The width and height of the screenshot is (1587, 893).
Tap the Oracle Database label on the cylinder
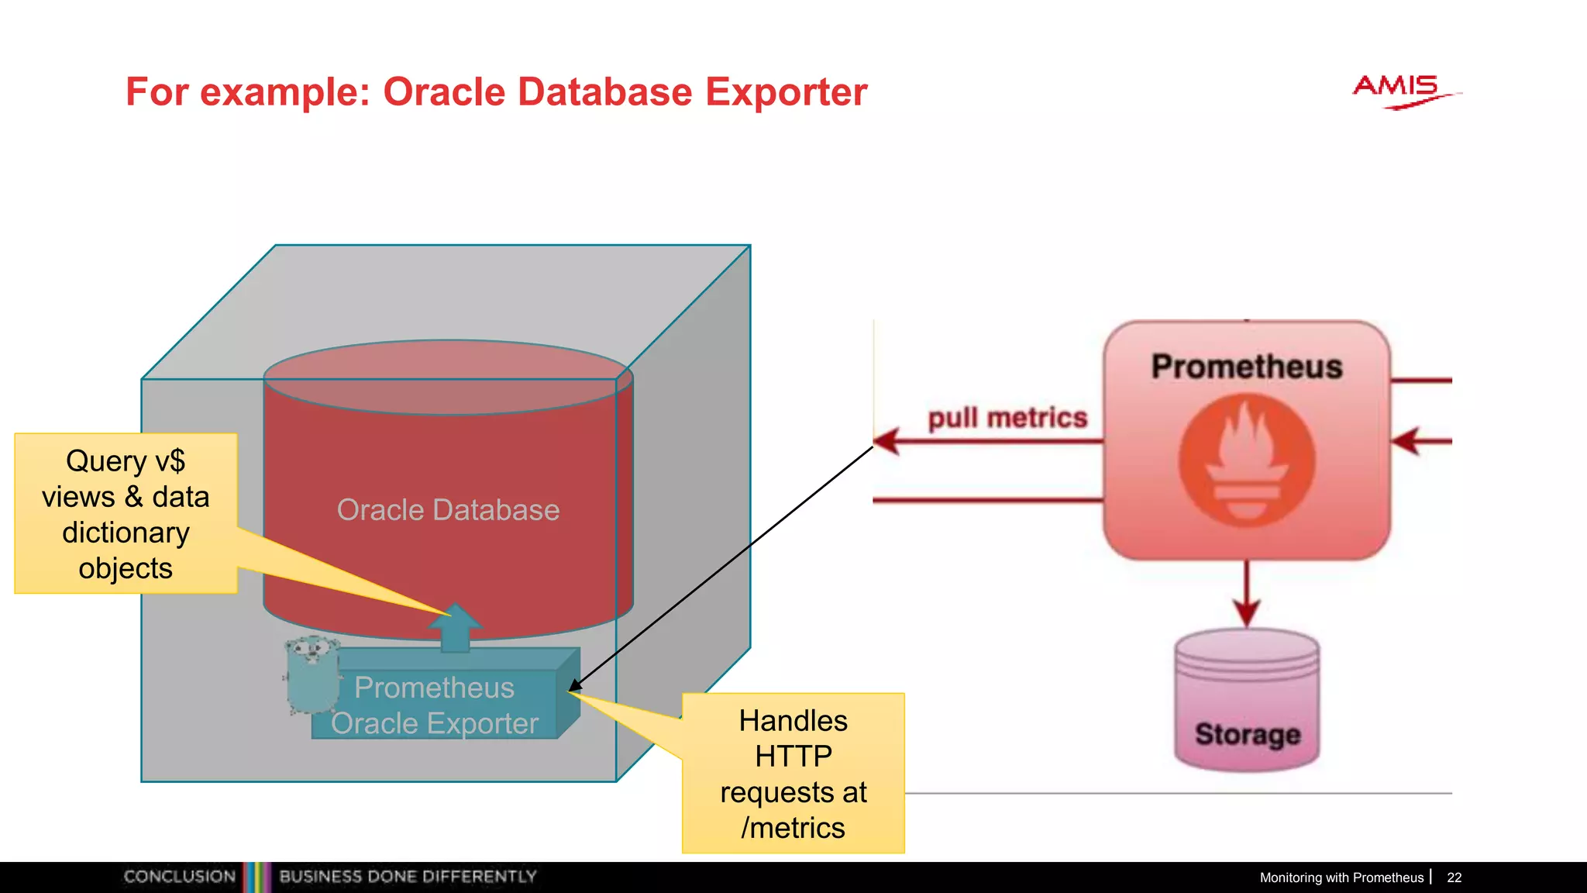tap(448, 510)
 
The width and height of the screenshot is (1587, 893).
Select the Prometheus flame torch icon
tap(1247, 460)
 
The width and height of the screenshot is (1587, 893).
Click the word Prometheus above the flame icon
tap(1246, 367)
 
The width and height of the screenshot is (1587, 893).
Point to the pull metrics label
tap(1007, 418)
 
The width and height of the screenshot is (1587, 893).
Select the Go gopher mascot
tap(312, 674)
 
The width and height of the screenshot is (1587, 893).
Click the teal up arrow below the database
tap(455, 628)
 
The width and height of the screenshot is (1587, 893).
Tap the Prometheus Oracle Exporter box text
tap(435, 705)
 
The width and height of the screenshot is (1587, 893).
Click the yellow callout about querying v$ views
tap(126, 514)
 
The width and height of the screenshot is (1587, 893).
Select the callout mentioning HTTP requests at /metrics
tap(793, 773)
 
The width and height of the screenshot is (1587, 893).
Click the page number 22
tap(1454, 877)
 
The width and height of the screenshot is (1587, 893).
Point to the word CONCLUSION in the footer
tap(180, 877)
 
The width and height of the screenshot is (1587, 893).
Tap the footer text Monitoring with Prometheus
tap(1341, 877)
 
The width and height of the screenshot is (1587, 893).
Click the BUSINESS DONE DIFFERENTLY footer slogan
tap(408, 877)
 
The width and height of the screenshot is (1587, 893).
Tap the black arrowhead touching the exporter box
tap(574, 685)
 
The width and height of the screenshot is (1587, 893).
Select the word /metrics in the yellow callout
tap(793, 828)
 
